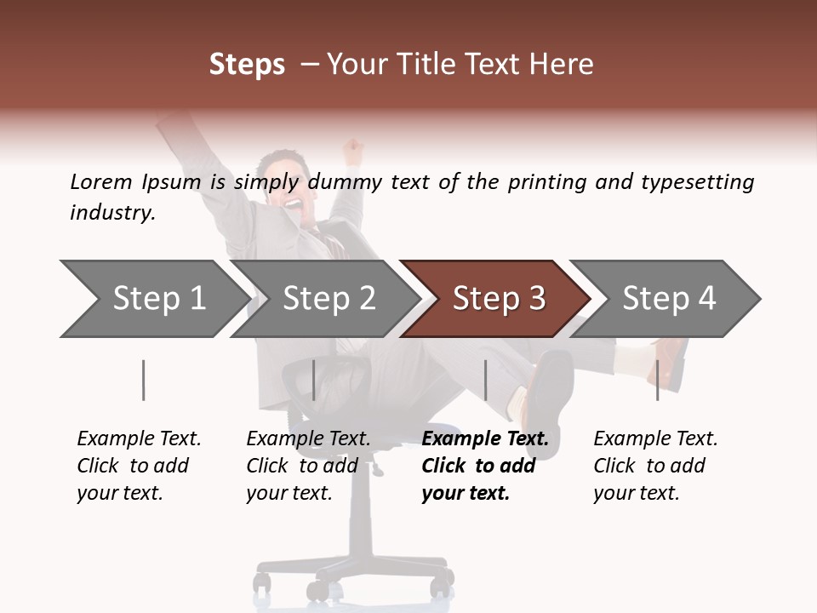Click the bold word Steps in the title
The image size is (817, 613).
coord(247,64)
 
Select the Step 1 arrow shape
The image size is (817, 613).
coord(153,298)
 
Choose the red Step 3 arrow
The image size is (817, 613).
coord(498,298)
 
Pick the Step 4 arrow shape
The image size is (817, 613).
coord(668,298)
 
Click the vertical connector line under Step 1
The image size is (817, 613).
coord(144,380)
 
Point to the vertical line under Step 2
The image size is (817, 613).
coord(314,380)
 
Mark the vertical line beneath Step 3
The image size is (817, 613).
coord(485,380)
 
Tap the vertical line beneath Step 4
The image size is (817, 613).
coord(657,380)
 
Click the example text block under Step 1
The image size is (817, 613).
coord(138,466)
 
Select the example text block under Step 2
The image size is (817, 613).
coord(307,466)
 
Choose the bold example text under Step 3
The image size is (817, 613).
coord(484,466)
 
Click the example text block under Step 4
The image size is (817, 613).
coord(654,466)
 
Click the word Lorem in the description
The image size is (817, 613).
coord(101,181)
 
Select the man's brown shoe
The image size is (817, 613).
coord(671,362)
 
